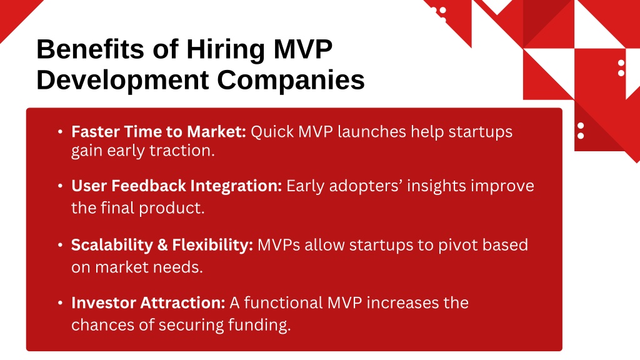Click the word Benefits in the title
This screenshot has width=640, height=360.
tap(90, 49)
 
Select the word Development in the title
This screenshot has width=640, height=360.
tap(122, 81)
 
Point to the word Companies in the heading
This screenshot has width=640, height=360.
tap(291, 81)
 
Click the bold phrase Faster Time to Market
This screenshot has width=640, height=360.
tap(159, 132)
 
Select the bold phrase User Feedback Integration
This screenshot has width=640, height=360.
tap(176, 186)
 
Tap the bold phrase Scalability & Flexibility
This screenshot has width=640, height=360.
tap(162, 245)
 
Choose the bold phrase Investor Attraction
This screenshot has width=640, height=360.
tap(148, 303)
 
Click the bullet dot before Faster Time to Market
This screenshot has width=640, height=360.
tap(61, 132)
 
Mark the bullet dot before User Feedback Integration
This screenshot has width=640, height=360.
tap(61, 186)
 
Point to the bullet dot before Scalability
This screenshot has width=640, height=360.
tap(61, 245)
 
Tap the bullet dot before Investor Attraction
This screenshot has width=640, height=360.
tap(61, 303)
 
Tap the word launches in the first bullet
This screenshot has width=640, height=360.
tap(372, 132)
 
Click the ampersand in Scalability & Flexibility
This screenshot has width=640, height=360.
tap(162, 245)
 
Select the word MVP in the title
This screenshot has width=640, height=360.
tap(303, 49)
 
